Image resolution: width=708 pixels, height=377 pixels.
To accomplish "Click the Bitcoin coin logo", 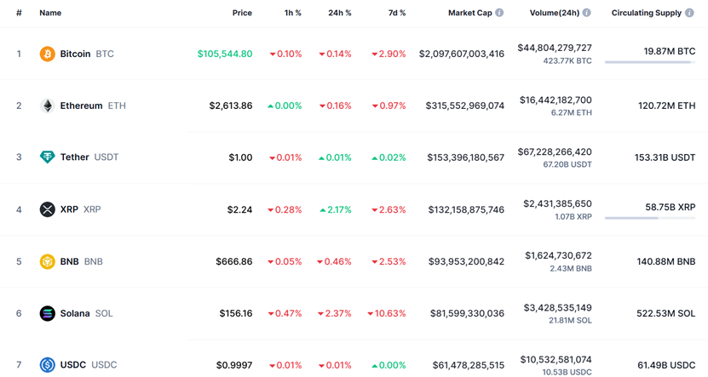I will (x=48, y=54).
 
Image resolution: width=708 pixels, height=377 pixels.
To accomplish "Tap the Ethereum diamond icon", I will (x=48, y=106).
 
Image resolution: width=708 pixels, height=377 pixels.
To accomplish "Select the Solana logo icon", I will (x=48, y=313).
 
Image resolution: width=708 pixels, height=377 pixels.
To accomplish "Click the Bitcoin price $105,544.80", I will (x=225, y=54).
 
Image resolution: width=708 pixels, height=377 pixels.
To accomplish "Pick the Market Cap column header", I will (x=469, y=13).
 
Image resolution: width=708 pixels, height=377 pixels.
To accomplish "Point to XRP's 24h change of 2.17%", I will (x=336, y=209).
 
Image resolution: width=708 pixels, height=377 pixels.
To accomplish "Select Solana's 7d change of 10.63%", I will (x=387, y=313).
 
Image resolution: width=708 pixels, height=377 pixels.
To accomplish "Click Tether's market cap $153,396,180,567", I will (x=465, y=157).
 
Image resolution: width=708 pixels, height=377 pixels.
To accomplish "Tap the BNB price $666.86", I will (x=233, y=261).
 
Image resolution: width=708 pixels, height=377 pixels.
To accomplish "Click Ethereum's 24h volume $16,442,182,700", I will (x=555, y=100).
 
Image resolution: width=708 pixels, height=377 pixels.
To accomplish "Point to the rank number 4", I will (x=19, y=209).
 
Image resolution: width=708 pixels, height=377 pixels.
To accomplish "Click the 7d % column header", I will (x=396, y=13).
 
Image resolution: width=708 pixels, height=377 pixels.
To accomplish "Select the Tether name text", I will (x=74, y=157).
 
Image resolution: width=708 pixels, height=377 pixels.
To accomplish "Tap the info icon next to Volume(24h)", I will (x=587, y=13).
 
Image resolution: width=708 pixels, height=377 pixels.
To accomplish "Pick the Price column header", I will (x=242, y=13).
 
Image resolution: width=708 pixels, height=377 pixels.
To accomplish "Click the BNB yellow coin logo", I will (x=48, y=261).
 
